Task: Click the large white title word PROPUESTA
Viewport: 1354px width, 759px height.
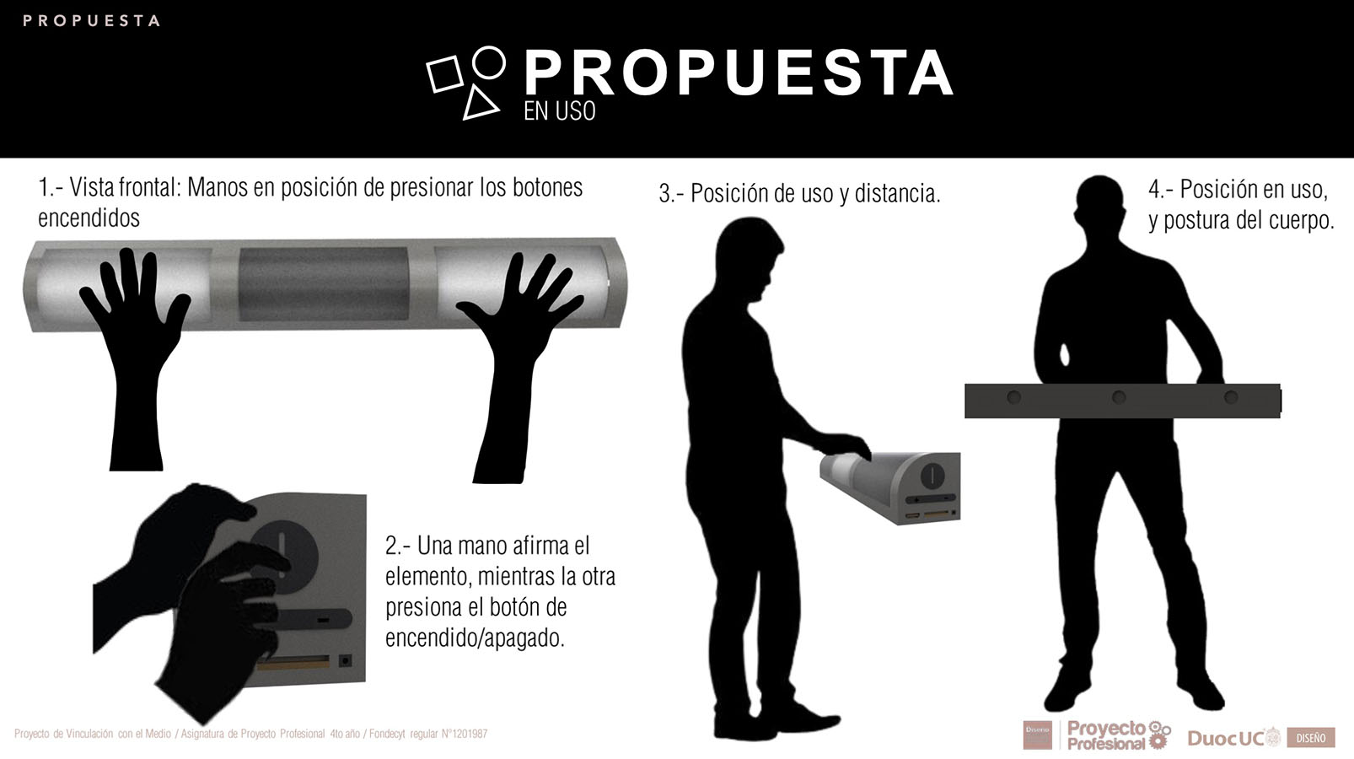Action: coord(738,73)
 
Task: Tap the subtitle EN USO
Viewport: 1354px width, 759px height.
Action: coord(559,110)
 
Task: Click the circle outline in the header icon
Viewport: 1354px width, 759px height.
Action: coord(488,62)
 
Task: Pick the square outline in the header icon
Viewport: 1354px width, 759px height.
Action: coord(444,74)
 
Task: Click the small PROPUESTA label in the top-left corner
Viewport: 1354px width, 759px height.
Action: coord(91,20)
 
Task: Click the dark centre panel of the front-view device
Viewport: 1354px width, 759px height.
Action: coord(323,283)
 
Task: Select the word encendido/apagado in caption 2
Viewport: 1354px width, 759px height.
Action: coord(474,638)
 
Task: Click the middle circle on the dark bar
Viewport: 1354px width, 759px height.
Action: coord(1119,397)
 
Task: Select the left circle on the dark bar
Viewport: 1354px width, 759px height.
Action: coord(1013,397)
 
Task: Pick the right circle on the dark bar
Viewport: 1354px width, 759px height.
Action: coord(1231,397)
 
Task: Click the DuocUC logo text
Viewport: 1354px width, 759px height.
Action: coord(1226,738)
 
